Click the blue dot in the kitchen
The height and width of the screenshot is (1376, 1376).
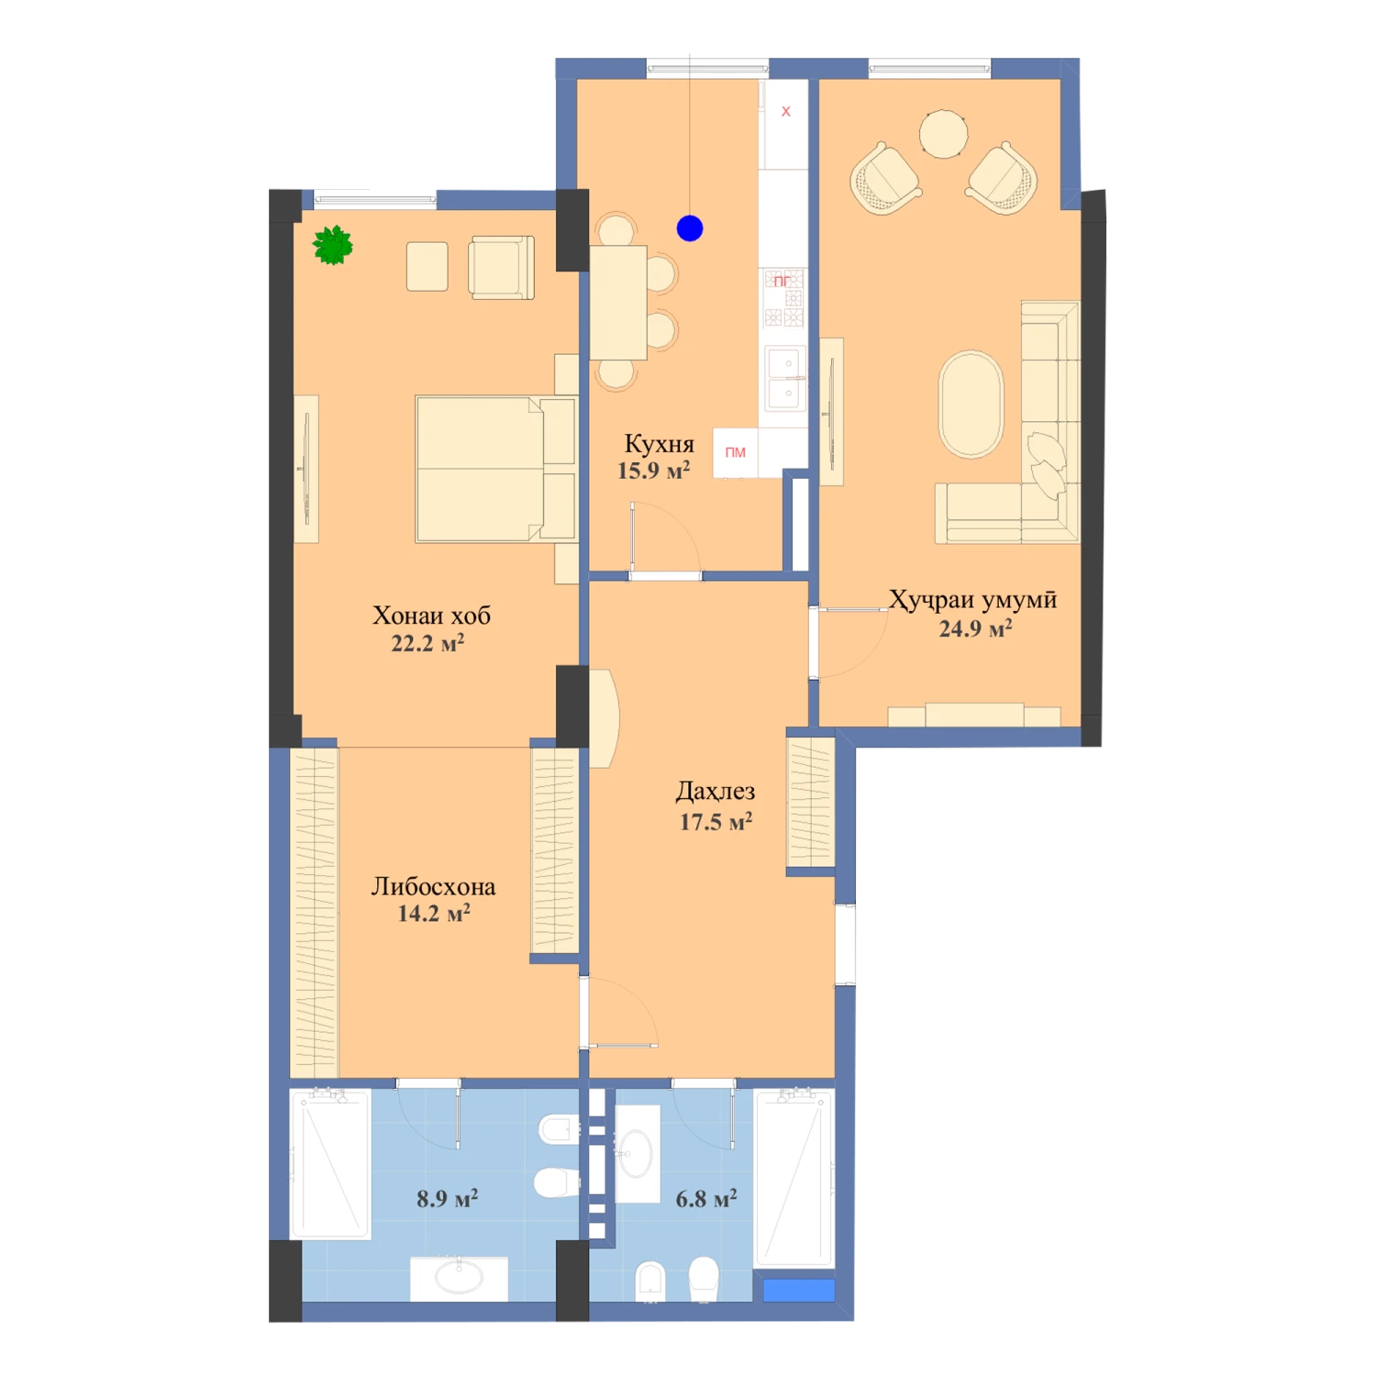click(690, 228)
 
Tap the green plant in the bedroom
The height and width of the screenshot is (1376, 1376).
click(332, 245)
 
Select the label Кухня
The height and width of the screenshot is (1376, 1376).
click(659, 444)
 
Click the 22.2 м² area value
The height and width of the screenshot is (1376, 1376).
click(427, 643)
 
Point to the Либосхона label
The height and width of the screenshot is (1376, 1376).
click(433, 886)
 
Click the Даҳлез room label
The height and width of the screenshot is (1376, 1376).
click(716, 791)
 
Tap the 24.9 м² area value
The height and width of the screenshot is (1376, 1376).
click(975, 628)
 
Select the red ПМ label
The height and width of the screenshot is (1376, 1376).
click(736, 452)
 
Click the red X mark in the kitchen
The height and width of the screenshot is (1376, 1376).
click(785, 112)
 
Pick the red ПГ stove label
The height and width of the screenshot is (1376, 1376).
click(782, 281)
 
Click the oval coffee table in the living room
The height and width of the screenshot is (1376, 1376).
click(971, 404)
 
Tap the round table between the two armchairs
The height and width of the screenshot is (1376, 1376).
click(943, 134)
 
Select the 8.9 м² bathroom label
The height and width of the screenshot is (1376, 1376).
click(447, 1198)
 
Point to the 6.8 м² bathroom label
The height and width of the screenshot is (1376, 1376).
click(706, 1198)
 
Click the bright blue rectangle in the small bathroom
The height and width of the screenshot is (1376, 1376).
click(799, 1291)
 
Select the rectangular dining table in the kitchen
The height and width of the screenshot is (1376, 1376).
click(618, 302)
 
